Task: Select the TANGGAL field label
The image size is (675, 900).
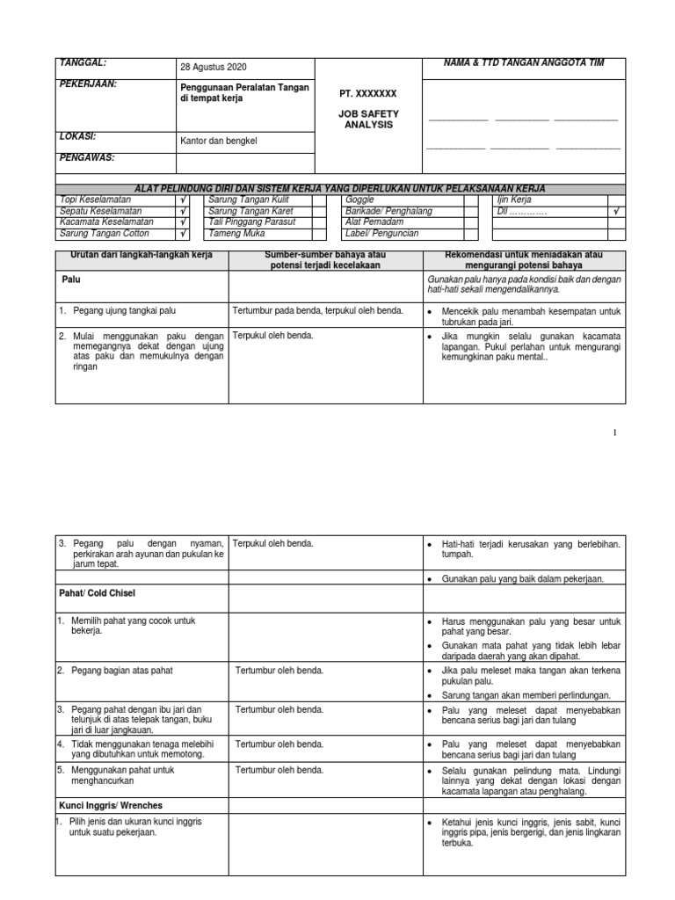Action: pos(82,63)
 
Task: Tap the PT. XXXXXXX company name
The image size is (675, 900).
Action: pos(368,92)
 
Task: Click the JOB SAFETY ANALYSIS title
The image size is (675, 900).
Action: pos(368,119)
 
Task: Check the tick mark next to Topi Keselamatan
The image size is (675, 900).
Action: pos(183,200)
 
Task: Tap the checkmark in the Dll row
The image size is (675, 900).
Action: pos(617,212)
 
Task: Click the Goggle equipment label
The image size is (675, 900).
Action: pos(359,200)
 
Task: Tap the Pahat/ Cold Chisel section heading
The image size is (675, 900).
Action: pos(102,594)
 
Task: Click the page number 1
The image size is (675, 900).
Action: pos(614,432)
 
